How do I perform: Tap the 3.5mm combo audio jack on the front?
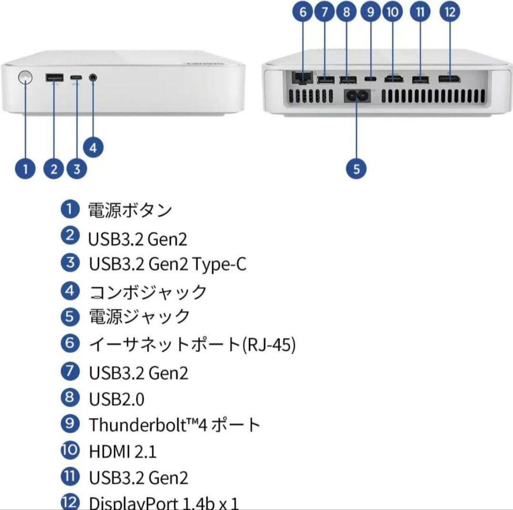point(93,77)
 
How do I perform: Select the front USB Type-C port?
point(76,78)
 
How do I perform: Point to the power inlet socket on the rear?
point(357,95)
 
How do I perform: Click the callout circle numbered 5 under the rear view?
point(357,168)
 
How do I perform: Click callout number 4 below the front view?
point(93,148)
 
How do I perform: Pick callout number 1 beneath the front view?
point(26,168)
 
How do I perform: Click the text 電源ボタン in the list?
point(130,210)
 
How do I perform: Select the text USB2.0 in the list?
point(116,399)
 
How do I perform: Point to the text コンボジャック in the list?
point(148,291)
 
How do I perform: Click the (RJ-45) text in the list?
point(269,345)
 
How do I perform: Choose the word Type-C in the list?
point(219,264)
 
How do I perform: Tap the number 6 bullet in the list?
point(70,343)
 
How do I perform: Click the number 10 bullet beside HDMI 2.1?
point(70,450)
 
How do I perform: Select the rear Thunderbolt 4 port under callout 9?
point(370,77)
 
